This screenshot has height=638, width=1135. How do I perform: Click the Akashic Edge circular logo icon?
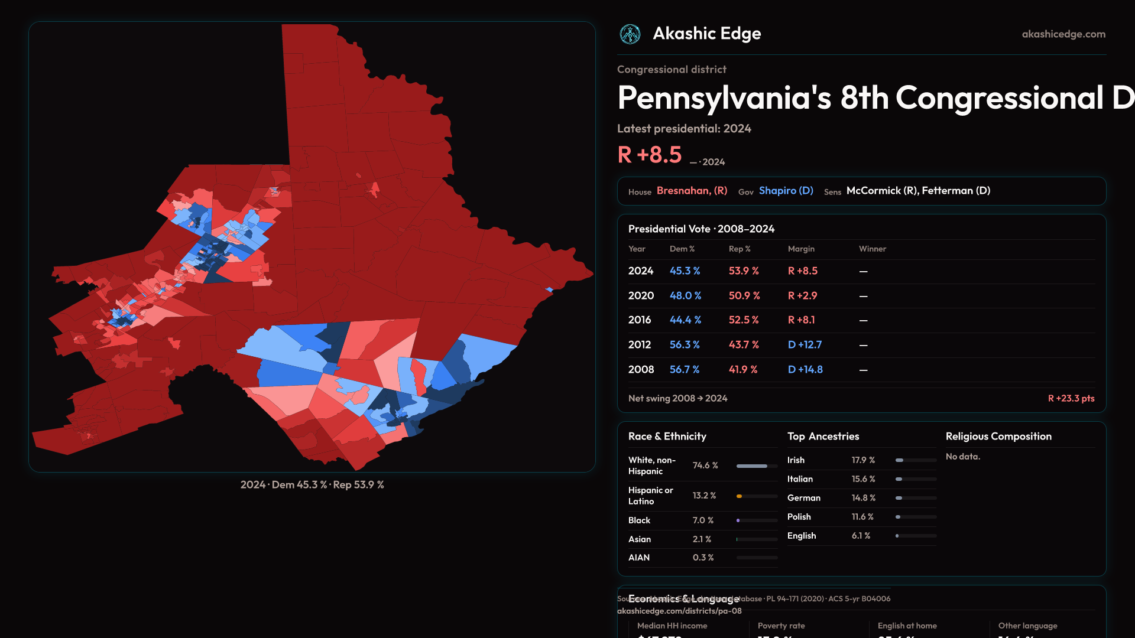[x=630, y=34]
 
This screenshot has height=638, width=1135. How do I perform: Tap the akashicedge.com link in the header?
[x=1063, y=34]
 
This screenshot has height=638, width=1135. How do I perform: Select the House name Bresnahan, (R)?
[x=692, y=191]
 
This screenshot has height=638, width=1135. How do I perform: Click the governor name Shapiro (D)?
[x=786, y=191]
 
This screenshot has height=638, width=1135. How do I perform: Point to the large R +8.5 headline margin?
[x=649, y=155]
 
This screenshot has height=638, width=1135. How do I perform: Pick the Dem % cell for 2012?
[x=685, y=344]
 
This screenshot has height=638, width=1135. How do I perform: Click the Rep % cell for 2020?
[x=744, y=295]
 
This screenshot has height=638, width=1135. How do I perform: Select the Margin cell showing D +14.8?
[x=805, y=369]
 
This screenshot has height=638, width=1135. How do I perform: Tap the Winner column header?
[x=872, y=249]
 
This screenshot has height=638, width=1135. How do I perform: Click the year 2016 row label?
[x=640, y=320]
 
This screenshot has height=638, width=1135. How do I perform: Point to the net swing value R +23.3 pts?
[x=1071, y=398]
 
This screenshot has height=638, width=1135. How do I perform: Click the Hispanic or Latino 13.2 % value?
[x=704, y=496]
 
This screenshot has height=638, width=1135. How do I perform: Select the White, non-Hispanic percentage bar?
[x=757, y=466]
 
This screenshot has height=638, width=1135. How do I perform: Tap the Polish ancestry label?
[x=799, y=517]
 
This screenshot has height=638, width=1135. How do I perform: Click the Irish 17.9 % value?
[x=863, y=460]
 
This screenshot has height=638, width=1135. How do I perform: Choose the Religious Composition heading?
[x=998, y=437]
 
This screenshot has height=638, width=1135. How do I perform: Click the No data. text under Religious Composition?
[x=962, y=457]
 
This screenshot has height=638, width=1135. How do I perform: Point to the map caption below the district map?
[x=312, y=484]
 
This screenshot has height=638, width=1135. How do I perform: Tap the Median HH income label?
[x=672, y=626]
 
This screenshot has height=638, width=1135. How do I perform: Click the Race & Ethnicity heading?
[x=667, y=437]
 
